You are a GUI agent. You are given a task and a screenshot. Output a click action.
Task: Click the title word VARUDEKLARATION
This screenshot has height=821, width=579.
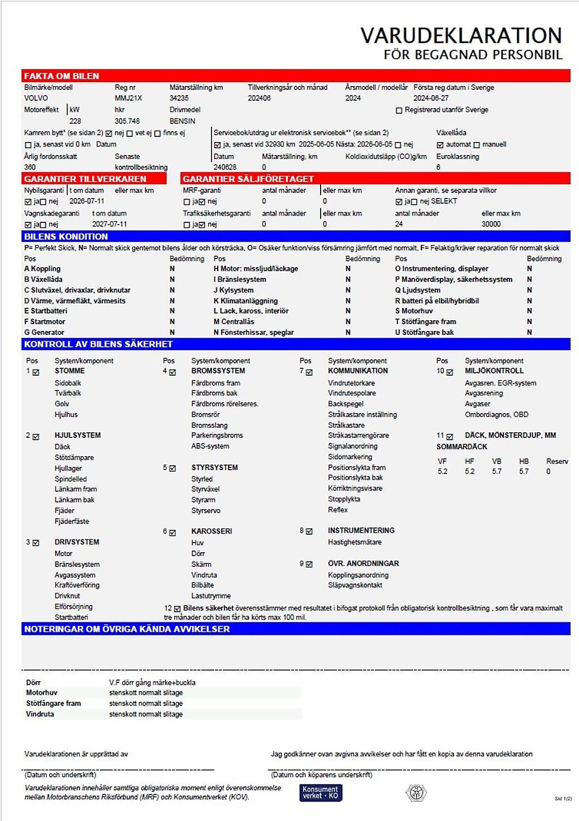461,36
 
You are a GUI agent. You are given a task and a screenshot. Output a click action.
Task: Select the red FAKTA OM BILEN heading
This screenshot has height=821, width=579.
62,76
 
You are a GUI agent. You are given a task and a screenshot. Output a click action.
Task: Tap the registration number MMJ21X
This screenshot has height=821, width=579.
128,98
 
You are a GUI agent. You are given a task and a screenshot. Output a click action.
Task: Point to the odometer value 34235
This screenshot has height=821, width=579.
179,98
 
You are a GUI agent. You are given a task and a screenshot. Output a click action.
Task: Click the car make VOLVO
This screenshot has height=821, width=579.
36,98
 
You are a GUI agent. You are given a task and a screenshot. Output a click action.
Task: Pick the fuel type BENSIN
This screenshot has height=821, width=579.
182,121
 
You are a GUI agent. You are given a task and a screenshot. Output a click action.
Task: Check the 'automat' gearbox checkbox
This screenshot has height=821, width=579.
440,145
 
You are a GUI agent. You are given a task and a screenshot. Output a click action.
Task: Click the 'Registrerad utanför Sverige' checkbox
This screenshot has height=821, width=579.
399,110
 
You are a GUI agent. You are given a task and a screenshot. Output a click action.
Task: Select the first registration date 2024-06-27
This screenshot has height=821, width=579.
431,98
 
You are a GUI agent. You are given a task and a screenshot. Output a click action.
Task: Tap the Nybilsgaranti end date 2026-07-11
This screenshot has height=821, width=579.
87,201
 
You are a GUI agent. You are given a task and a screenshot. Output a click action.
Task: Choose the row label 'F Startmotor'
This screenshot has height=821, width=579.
45,321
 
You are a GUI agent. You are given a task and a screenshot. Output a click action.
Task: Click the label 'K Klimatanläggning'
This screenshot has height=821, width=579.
245,300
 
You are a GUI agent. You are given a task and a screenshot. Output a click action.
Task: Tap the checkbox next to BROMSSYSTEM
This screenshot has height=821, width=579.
172,372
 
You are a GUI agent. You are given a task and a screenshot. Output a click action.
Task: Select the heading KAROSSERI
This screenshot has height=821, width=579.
211,531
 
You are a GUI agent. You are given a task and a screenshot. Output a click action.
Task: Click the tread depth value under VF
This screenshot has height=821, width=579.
442,471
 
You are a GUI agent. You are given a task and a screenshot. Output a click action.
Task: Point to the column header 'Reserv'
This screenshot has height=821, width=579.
556,461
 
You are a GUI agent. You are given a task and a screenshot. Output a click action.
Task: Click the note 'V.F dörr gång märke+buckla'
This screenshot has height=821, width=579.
152,682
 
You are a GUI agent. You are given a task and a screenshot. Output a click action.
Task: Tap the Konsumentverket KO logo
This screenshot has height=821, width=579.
321,792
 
